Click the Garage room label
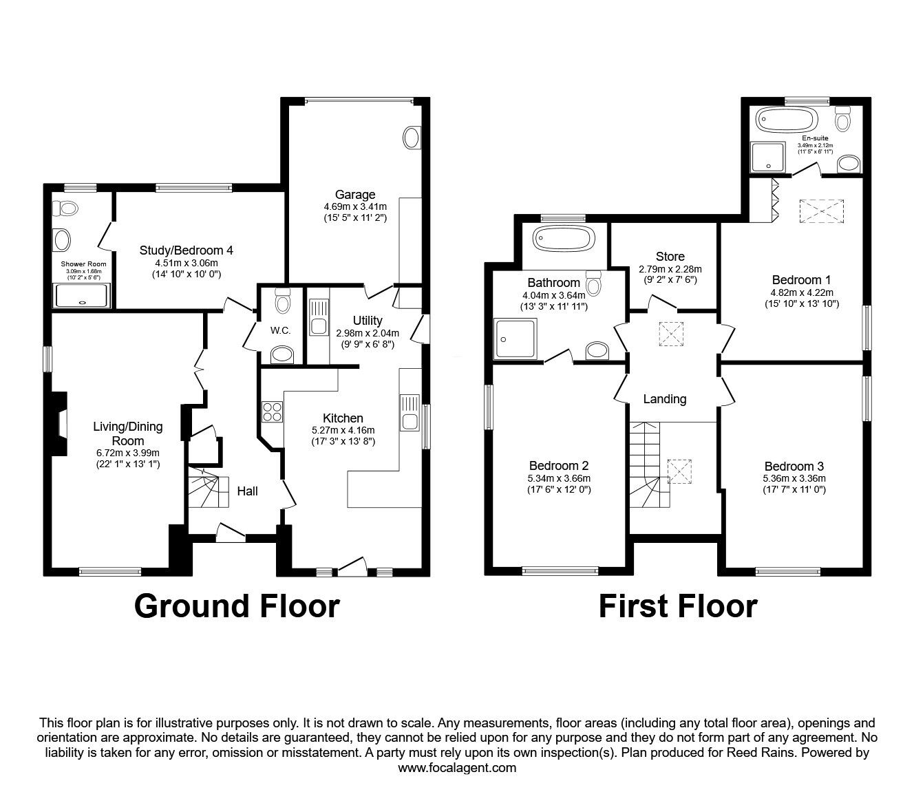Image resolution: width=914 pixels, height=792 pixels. pyautogui.click(x=355, y=194)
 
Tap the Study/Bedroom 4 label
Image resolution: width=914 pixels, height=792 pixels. pyautogui.click(x=186, y=250)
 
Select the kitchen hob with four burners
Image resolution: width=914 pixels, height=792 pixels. pyautogui.click(x=272, y=411)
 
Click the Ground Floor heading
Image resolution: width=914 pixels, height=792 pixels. pyautogui.click(x=236, y=606)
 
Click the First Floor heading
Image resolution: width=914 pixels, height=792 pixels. pyautogui.click(x=677, y=606)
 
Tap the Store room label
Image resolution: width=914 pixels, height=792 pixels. pyautogui.click(x=670, y=257)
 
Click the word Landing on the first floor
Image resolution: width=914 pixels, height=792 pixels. pyautogui.click(x=664, y=399)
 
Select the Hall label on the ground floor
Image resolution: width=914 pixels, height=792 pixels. pyautogui.click(x=248, y=491)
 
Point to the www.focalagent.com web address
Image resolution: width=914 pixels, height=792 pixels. pyautogui.click(x=457, y=768)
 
